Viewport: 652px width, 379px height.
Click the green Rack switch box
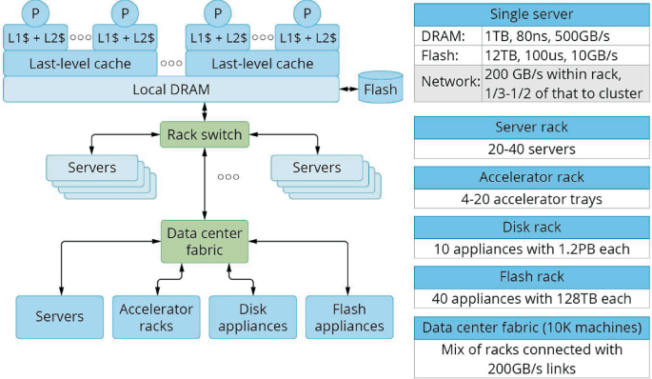(x=205, y=134)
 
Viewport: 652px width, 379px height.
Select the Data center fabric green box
(x=205, y=242)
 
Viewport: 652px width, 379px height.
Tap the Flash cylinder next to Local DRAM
(x=381, y=87)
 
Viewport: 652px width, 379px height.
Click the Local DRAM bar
(x=171, y=89)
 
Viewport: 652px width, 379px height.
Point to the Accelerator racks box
(x=156, y=317)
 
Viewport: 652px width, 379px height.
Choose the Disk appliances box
(x=253, y=317)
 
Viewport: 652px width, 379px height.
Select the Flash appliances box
(x=349, y=317)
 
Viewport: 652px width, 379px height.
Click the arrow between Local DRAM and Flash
(x=349, y=89)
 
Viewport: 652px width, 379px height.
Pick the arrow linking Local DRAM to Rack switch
(x=205, y=111)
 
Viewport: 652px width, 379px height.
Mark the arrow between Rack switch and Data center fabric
(x=205, y=184)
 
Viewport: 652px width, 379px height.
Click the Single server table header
(x=532, y=14)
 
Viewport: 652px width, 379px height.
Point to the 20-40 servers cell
(x=532, y=149)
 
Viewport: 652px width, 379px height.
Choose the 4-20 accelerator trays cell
(x=532, y=199)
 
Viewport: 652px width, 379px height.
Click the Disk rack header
(x=532, y=228)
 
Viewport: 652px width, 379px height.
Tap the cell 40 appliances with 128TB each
(x=532, y=299)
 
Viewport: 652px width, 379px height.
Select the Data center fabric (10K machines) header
(x=532, y=328)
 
